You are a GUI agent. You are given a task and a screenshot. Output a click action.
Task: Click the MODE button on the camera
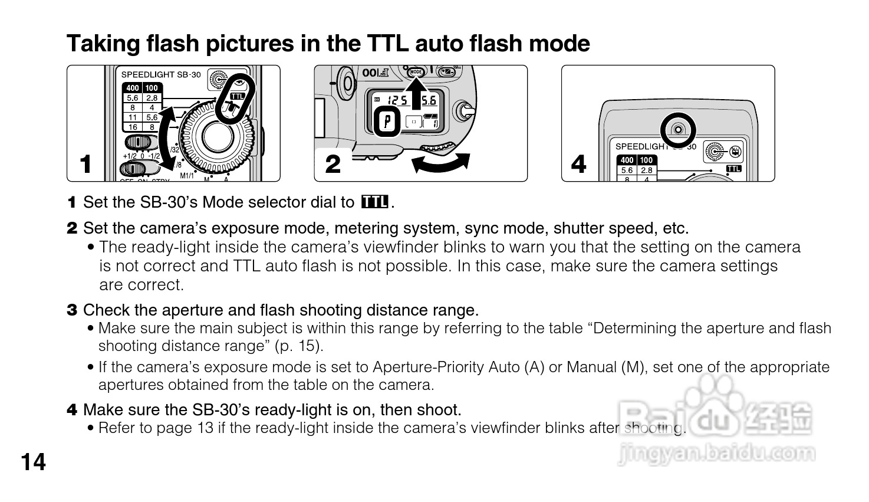416,72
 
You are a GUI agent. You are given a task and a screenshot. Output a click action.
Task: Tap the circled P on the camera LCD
387,122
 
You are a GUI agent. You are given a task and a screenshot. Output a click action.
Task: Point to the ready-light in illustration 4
678,129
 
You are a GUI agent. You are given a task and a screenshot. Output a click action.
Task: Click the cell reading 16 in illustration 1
133,127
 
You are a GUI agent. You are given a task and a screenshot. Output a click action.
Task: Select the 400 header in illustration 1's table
133,88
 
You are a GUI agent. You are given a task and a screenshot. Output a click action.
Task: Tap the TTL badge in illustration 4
733,169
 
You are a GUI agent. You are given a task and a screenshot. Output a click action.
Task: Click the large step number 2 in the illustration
333,164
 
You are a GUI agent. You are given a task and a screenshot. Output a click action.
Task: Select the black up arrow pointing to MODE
416,93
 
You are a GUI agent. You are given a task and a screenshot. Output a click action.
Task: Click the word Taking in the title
103,44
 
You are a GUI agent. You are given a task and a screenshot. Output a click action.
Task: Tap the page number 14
34,462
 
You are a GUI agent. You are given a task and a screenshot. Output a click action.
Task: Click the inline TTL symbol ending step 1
374,202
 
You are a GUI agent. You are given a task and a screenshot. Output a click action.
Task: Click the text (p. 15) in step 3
299,346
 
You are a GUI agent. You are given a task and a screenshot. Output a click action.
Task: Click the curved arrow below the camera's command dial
440,163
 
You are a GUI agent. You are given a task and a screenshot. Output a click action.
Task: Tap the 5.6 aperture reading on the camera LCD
429,101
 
